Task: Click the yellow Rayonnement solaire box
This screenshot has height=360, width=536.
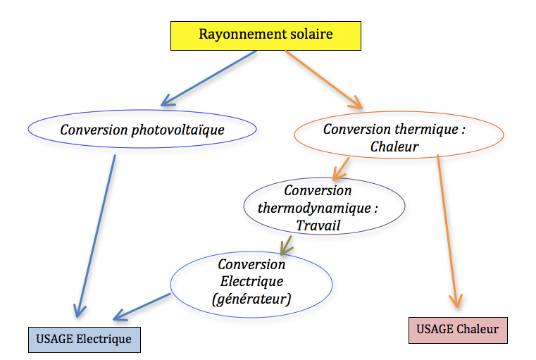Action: [266, 35]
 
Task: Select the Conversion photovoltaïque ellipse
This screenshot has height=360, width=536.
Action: [142, 130]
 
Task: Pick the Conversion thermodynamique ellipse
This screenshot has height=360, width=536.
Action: [324, 208]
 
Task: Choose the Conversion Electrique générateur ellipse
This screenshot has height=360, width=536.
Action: [251, 282]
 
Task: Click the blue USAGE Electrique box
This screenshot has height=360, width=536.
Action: [85, 339]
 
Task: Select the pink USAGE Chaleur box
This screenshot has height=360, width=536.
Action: [457, 329]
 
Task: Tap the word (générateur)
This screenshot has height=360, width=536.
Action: [251, 299]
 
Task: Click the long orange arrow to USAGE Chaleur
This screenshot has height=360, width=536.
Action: [448, 232]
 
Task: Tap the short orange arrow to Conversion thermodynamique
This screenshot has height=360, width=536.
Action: [342, 168]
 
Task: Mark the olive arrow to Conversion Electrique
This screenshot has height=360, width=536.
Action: [287, 244]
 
